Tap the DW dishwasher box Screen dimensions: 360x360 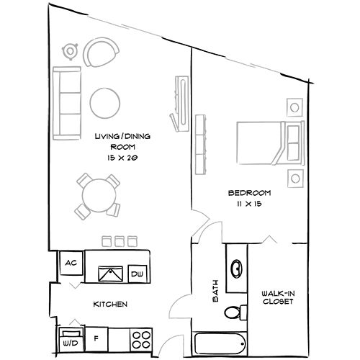click(x=136, y=274)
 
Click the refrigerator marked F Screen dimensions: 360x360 click(x=96, y=337)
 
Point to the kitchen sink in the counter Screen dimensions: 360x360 click(x=110, y=273)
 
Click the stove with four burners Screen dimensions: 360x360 click(x=140, y=336)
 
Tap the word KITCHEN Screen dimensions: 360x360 click(x=110, y=305)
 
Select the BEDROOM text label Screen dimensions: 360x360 click(x=248, y=193)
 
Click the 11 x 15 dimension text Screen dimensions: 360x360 click(x=248, y=204)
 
